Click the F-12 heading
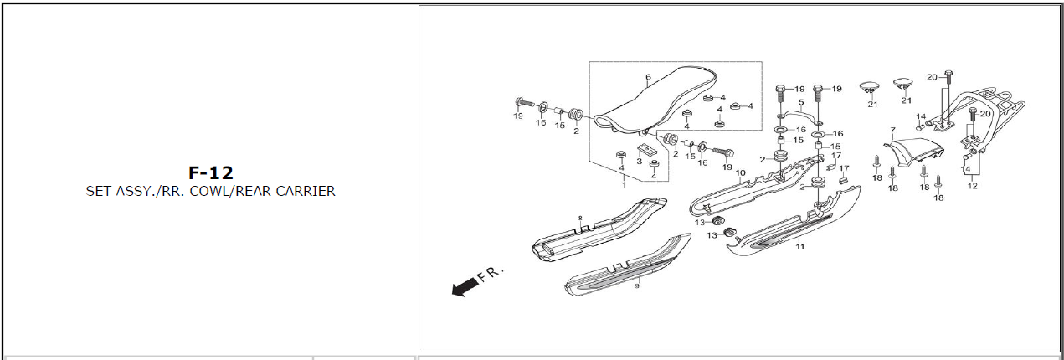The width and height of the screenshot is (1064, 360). pyautogui.click(x=210, y=173)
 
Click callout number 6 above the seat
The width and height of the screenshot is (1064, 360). pyautogui.click(x=648, y=78)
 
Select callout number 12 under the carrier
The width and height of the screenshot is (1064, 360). pyautogui.click(x=972, y=186)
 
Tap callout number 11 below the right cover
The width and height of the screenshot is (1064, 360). pyautogui.click(x=799, y=247)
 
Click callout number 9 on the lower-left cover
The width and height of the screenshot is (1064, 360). pyautogui.click(x=636, y=285)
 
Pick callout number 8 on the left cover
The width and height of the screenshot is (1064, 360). pyautogui.click(x=579, y=219)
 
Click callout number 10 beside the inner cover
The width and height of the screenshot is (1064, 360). pyautogui.click(x=740, y=173)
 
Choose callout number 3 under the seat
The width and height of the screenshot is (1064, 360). pyautogui.click(x=639, y=162)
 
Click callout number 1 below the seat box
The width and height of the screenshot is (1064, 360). pyautogui.click(x=623, y=184)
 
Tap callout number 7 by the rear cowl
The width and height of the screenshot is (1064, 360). pyautogui.click(x=893, y=131)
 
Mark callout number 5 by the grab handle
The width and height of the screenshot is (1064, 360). pyautogui.click(x=801, y=102)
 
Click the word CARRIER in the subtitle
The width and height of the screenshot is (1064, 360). pyautogui.click(x=304, y=191)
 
